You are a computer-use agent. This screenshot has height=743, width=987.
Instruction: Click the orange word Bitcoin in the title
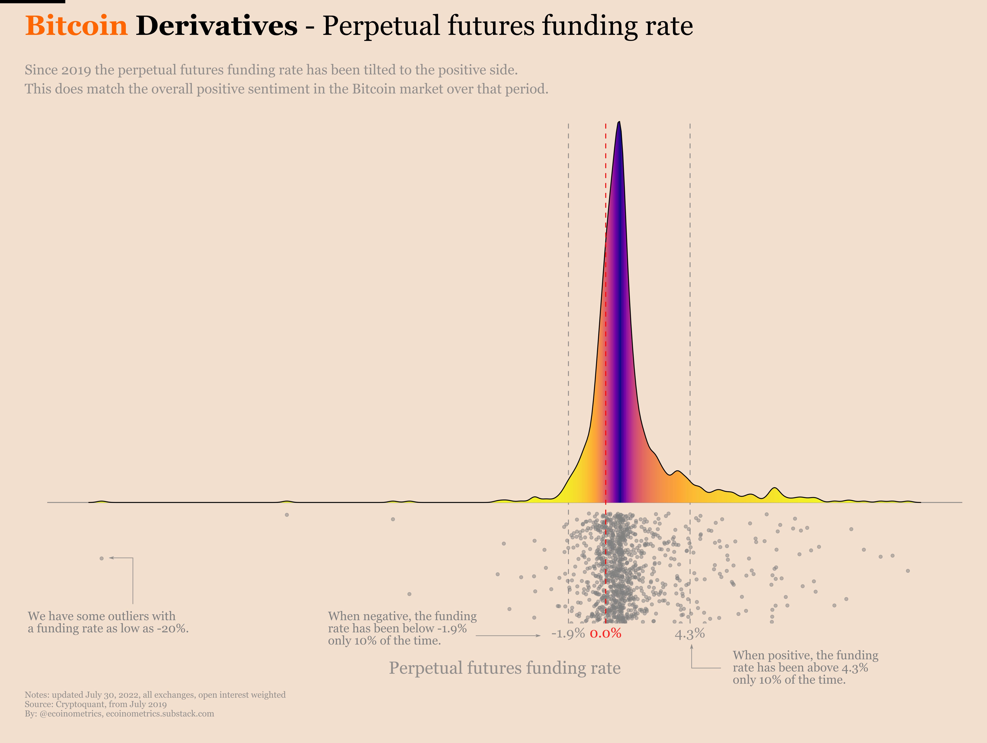(x=76, y=26)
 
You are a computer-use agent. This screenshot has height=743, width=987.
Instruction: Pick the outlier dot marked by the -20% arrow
(x=102, y=558)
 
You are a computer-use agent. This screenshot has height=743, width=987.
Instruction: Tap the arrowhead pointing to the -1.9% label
(x=539, y=635)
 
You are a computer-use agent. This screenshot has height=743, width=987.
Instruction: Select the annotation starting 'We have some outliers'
(x=108, y=622)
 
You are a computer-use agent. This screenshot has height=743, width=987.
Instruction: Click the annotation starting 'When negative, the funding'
(x=402, y=628)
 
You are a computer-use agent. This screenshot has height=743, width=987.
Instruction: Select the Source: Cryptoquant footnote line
(x=95, y=704)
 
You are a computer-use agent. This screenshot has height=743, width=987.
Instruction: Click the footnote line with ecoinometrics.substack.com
(x=119, y=714)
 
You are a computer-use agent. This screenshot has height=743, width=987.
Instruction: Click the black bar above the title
(x=33, y=1)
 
